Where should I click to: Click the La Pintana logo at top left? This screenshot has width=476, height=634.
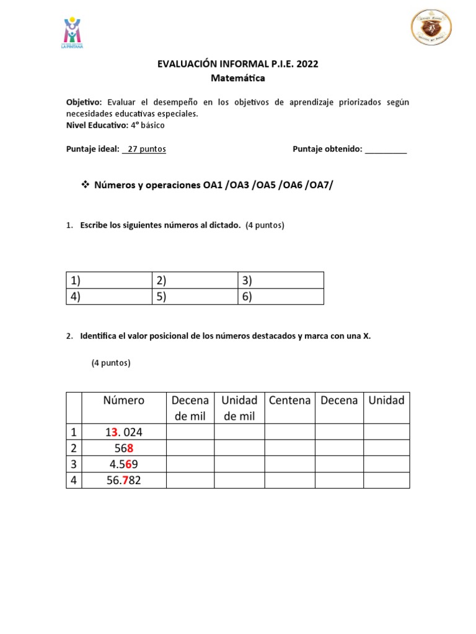point(73,33)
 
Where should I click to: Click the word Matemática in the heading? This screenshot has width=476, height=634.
point(238,79)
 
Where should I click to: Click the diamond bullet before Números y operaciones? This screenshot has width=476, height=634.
point(86,185)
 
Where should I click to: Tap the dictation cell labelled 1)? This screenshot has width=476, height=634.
point(109,280)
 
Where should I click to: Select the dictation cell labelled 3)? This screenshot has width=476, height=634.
point(281,280)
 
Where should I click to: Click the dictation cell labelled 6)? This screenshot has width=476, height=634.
point(281,297)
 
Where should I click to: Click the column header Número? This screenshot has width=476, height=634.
point(124,401)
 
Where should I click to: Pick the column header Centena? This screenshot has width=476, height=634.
point(289,401)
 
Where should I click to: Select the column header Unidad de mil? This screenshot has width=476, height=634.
point(239,408)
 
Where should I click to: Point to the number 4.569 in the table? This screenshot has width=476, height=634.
point(123,464)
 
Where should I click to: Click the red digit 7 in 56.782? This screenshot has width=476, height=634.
point(125,480)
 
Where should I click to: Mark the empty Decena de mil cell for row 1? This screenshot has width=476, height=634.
point(190,432)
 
